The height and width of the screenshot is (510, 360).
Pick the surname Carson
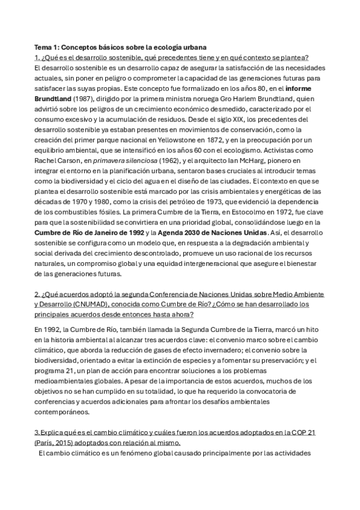tap(73, 161)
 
